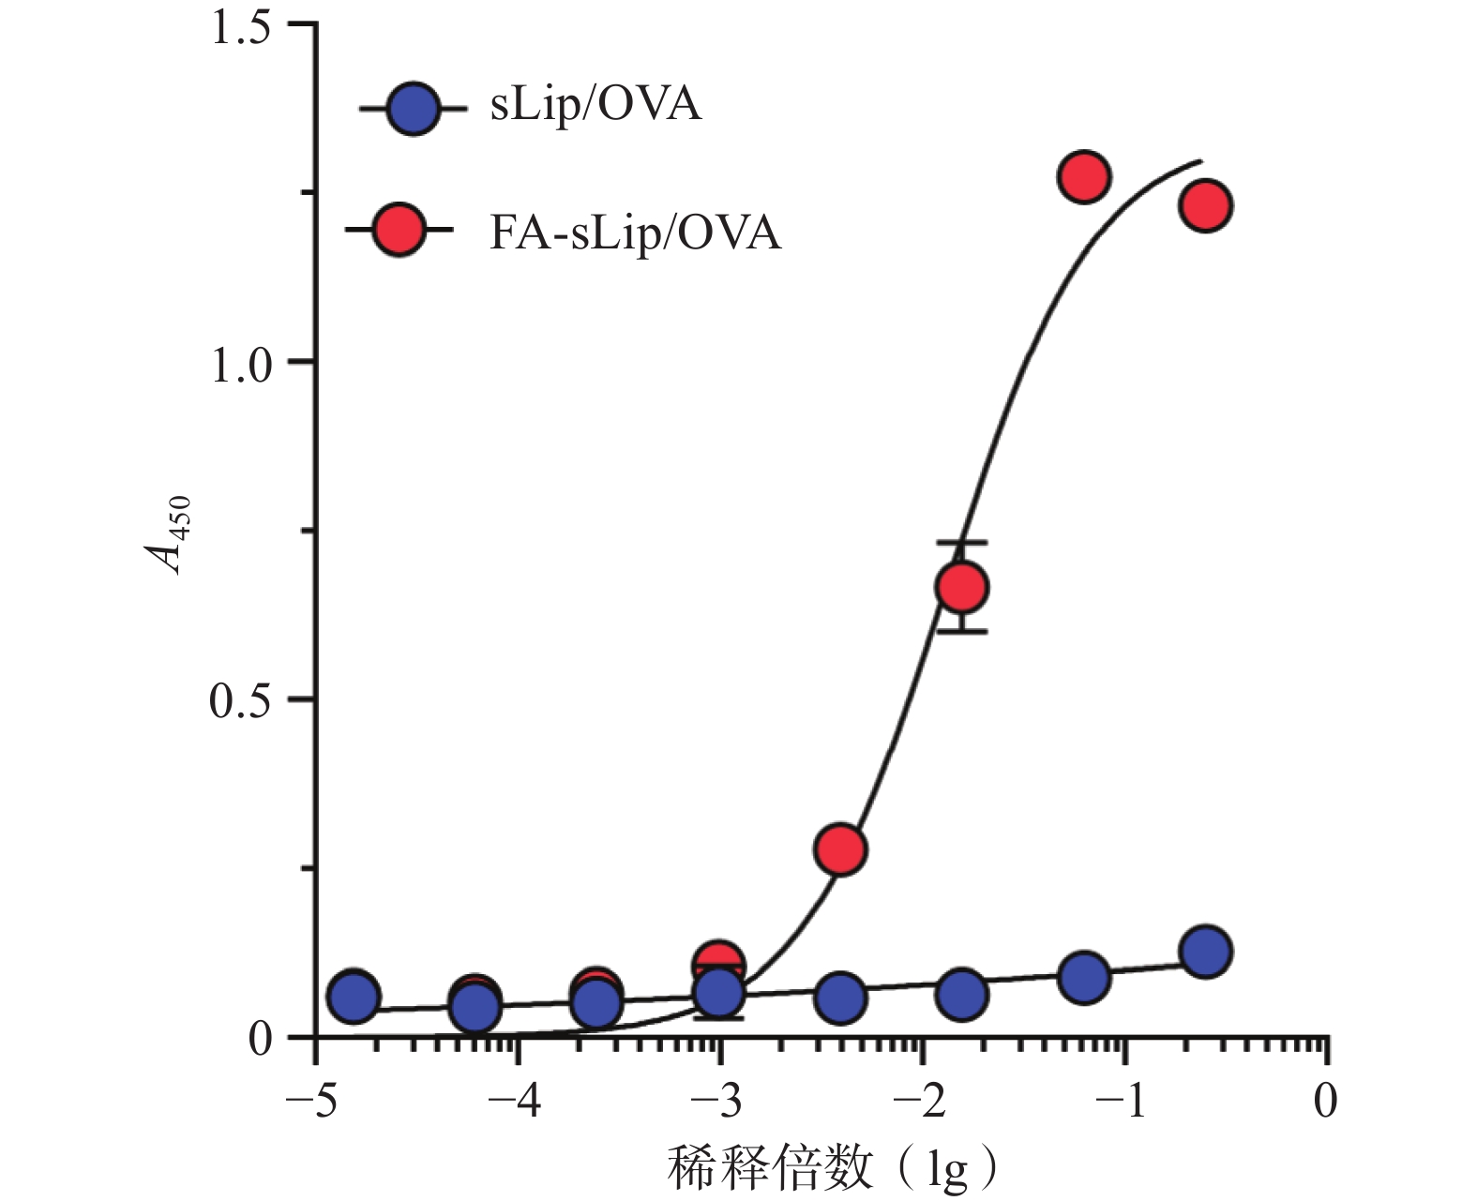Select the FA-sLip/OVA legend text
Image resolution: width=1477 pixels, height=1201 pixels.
pyautogui.click(x=635, y=232)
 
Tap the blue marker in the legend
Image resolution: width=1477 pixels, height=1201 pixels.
pyautogui.click(x=414, y=109)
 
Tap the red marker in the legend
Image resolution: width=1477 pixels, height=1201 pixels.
pyautogui.click(x=399, y=230)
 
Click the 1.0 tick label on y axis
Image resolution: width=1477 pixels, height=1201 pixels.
pyautogui.click(x=241, y=364)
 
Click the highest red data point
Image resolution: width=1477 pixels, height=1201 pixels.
pyautogui.click(x=1084, y=176)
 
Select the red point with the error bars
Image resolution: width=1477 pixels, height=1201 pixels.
pyautogui.click(x=961, y=588)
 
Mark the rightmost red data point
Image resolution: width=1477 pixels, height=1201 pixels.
pyautogui.click(x=1205, y=205)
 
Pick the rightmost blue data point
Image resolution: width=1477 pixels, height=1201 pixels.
pyautogui.click(x=1205, y=952)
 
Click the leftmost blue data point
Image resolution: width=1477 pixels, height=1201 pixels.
pyautogui.click(x=354, y=997)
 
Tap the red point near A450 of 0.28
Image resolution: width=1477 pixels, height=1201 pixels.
pyautogui.click(x=840, y=849)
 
